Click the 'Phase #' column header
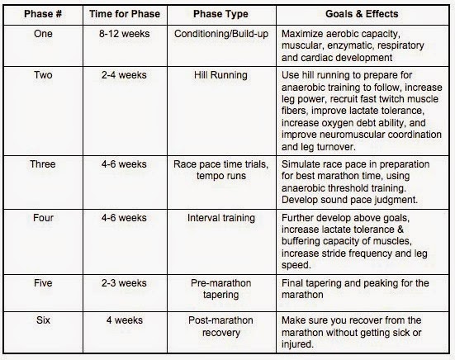coord(43,14)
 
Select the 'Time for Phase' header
coord(125,14)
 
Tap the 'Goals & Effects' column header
coord(362,14)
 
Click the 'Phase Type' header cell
coord(220,14)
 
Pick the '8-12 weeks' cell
coord(125,34)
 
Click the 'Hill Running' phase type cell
coord(220,75)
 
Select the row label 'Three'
coord(43,164)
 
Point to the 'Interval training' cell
coord(221,218)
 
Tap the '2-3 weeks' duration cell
coord(124,283)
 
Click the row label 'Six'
coord(43,320)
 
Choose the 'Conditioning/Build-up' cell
coord(221,34)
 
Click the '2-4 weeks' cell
coord(124,75)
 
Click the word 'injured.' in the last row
coord(297,344)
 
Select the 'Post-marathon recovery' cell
coord(220,326)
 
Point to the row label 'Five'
coord(43,283)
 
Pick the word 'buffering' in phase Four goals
coord(301,241)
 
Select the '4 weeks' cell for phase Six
coord(125,320)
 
